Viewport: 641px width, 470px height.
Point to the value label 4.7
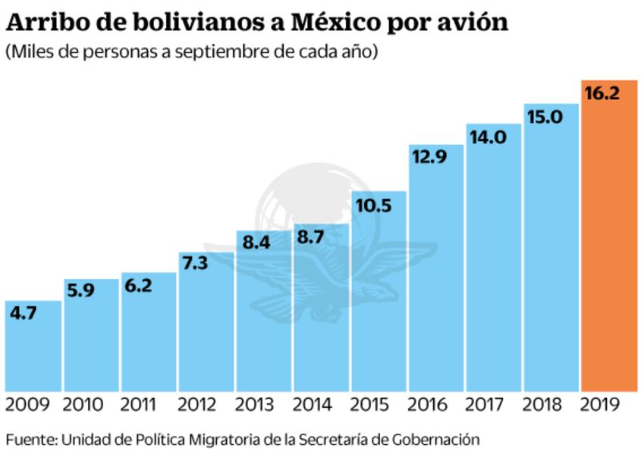pos(23,312)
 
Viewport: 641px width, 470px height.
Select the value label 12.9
pos(429,157)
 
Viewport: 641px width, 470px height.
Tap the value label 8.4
pos(256,243)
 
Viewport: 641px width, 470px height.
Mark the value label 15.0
pos(545,117)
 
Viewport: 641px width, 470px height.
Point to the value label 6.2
pos(140,286)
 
